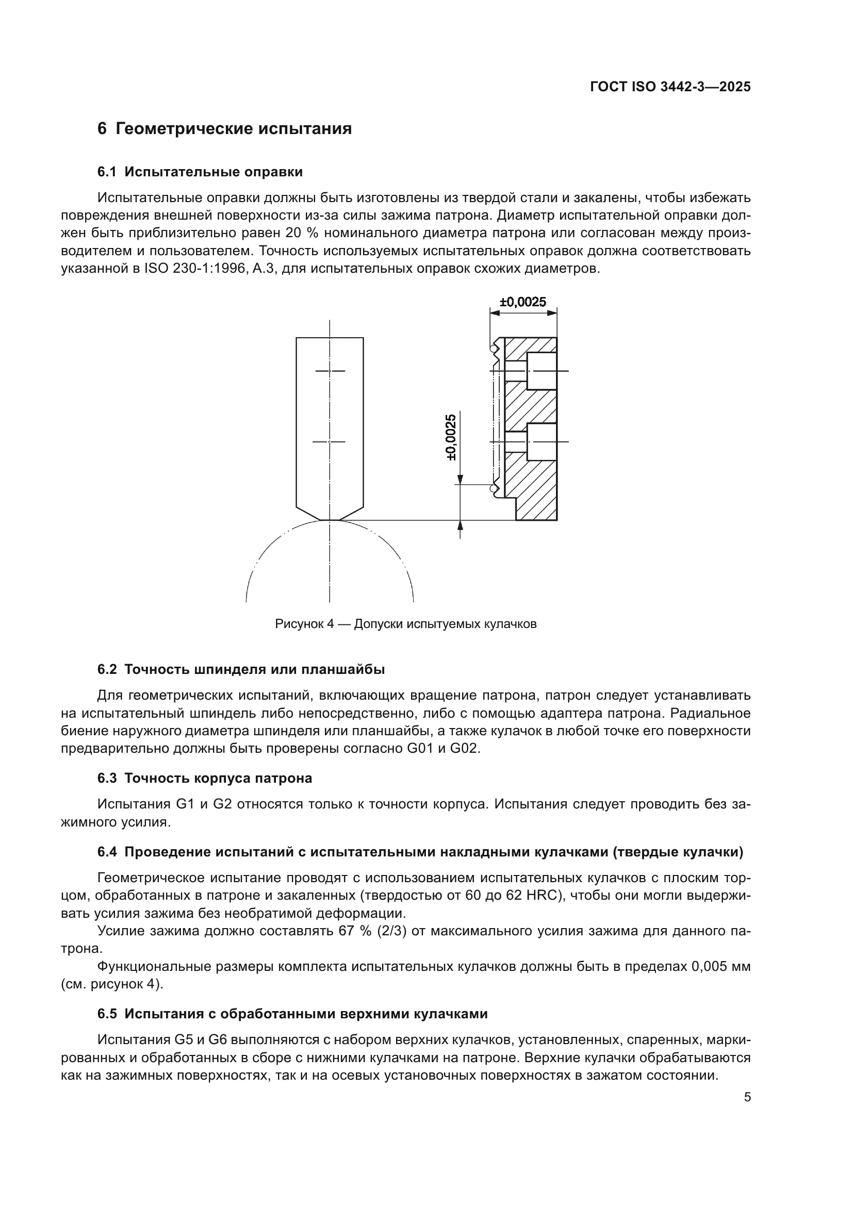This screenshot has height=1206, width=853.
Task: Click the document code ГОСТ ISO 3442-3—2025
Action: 670,87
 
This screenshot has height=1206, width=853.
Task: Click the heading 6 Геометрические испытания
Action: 224,129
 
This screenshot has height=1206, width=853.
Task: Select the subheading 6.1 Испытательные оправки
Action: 200,172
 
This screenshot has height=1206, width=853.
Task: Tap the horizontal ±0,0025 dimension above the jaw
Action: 522,302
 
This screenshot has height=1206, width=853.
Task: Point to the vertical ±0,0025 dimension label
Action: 451,437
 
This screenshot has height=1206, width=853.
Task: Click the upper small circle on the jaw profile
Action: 494,348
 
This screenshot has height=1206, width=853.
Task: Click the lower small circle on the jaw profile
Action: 494,489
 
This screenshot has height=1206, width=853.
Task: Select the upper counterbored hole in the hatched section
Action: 541,371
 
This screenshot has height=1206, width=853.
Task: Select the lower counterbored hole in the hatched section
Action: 541,442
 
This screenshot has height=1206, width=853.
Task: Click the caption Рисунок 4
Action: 405,624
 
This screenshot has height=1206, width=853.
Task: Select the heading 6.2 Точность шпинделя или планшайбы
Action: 241,670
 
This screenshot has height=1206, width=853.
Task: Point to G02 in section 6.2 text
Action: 464,749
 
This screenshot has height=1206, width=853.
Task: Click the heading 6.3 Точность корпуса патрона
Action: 205,779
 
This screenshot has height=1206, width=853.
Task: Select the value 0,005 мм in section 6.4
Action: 720,966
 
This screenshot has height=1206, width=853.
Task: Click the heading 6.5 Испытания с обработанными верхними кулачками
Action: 292,1014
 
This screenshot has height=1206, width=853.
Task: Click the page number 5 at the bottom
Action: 747,1097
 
